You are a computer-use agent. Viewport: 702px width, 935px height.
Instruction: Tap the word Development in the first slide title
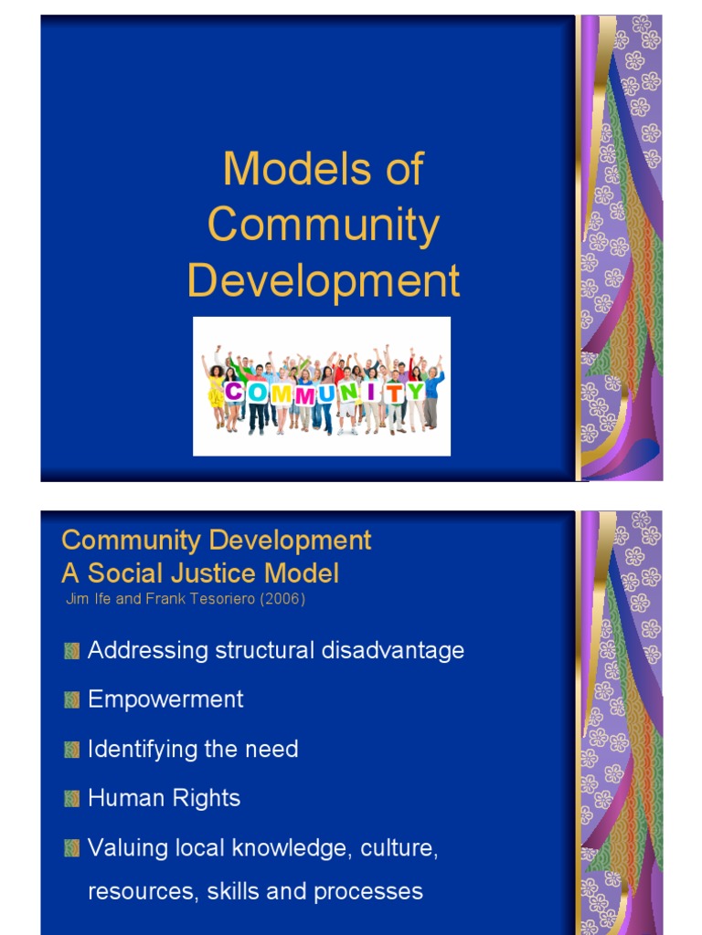coord(324,280)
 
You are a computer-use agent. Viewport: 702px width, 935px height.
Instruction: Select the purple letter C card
coord(234,392)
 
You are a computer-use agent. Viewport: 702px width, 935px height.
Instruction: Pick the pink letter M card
coord(304,395)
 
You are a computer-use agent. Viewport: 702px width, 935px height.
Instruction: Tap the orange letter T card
coord(395,393)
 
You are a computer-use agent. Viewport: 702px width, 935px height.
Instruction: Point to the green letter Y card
coord(416,391)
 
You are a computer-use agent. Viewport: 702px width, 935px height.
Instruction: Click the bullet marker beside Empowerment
coord(71,700)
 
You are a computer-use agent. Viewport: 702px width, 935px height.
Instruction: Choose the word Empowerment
coord(165,699)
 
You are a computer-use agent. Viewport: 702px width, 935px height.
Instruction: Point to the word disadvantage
coord(393,650)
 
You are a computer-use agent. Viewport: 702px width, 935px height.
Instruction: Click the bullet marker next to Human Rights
coord(71,798)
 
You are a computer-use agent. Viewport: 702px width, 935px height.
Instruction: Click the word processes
coord(368,891)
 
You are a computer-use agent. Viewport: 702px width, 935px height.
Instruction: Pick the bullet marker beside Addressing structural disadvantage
coord(71,650)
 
